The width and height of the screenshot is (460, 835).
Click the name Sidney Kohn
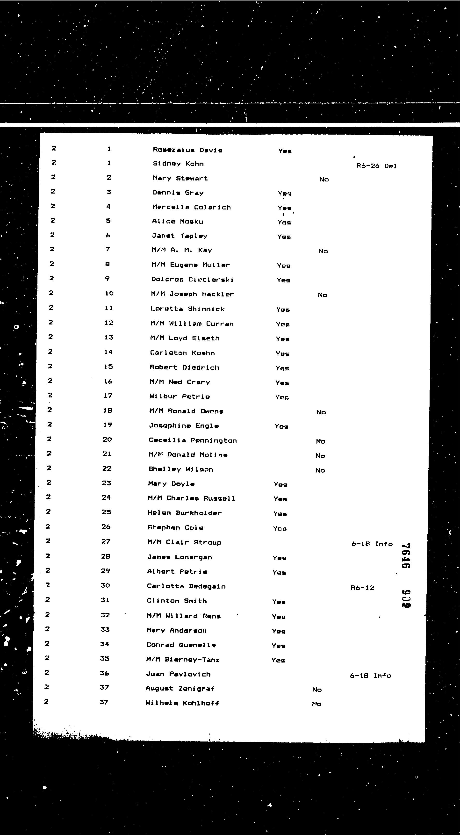pos(178,164)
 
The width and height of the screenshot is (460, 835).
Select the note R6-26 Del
pos(376,166)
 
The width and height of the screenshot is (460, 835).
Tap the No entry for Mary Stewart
pos(324,179)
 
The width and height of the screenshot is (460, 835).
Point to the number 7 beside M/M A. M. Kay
pos(108,249)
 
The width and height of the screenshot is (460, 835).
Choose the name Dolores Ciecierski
pos(192,279)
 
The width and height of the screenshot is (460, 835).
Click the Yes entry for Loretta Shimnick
pos(283,310)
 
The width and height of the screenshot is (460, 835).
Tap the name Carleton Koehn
pos(182,353)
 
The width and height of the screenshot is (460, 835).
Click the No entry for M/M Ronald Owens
pos(321,412)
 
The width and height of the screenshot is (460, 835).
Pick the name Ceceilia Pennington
pos(193,440)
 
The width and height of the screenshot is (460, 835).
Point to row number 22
pos(107,468)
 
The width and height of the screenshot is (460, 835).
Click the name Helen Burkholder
pos(184,513)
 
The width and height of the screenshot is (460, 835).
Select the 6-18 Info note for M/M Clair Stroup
pos(372,544)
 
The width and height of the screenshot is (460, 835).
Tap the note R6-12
pos(362,588)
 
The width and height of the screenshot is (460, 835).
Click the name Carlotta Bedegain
pos(186,586)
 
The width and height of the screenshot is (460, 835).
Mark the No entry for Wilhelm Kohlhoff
pos(317,704)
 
